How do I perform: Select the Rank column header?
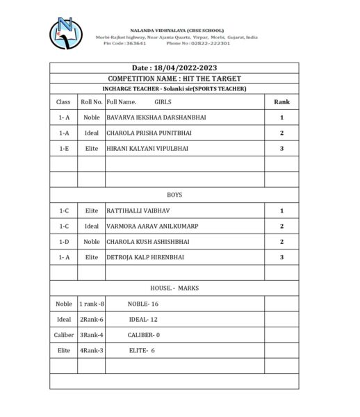click(281, 101)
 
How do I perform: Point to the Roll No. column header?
click(91, 102)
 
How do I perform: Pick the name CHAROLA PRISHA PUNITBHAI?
click(146, 133)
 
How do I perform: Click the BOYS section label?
click(174, 195)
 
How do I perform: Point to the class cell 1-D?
click(64, 242)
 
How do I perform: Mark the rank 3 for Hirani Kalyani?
click(281, 148)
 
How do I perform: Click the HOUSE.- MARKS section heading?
click(174, 288)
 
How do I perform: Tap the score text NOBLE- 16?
click(143, 304)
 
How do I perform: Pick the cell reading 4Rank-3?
click(91, 350)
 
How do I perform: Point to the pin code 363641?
click(134, 43)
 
